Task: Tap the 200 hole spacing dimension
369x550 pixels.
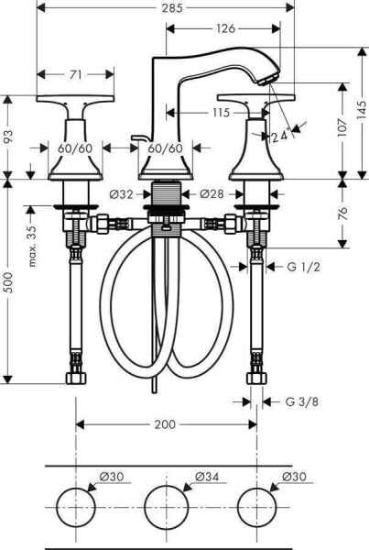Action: (165, 424)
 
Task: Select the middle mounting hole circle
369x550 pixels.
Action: (165, 506)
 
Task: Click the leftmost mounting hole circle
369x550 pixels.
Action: (74, 506)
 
